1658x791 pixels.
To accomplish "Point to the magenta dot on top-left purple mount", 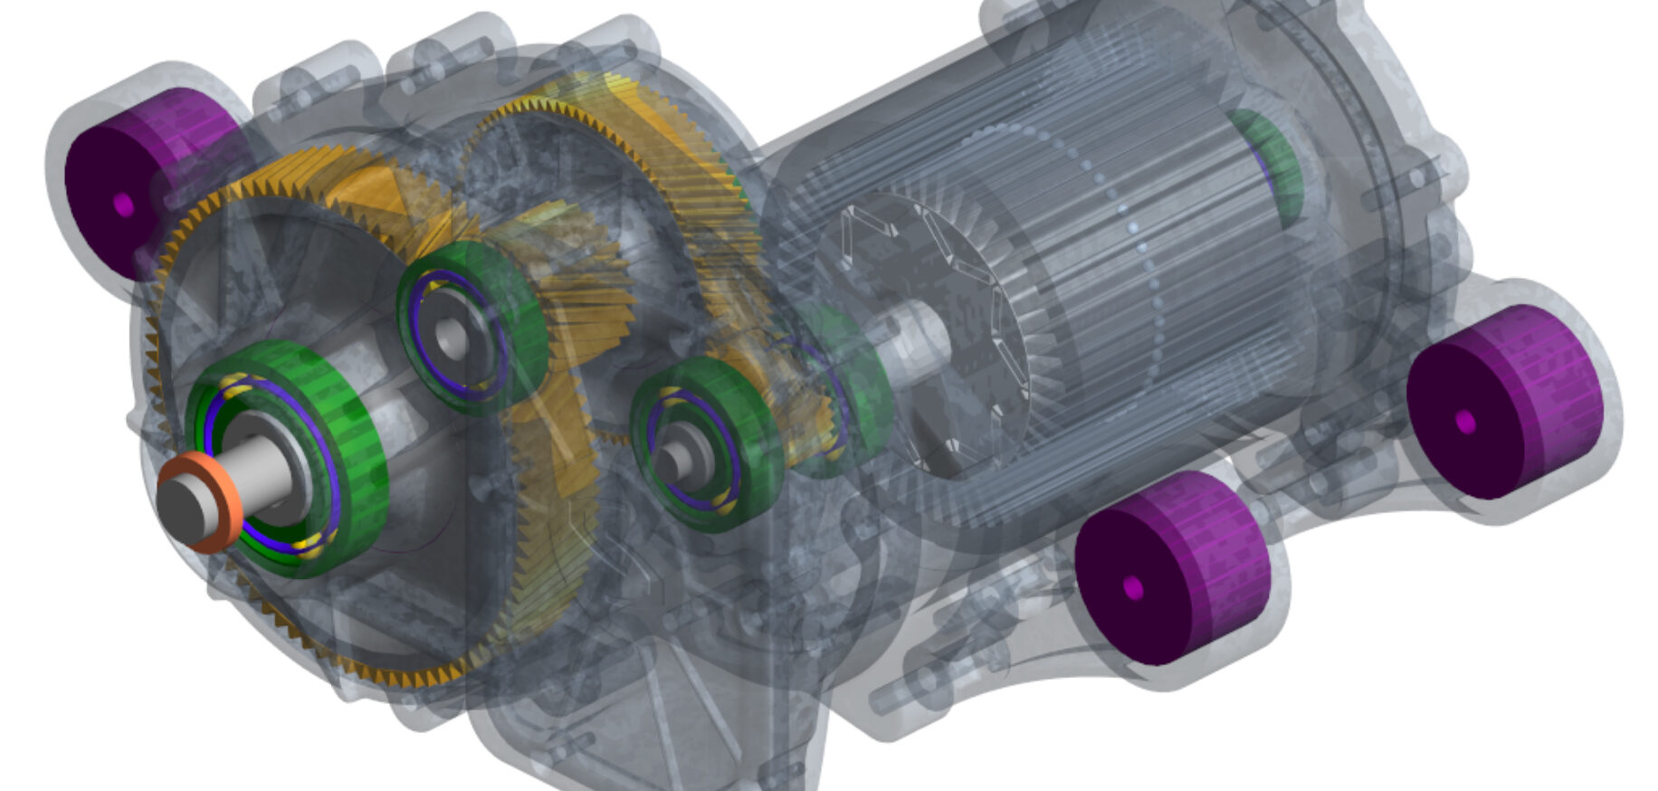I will point(124,205).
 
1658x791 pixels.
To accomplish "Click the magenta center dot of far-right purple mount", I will point(1465,422).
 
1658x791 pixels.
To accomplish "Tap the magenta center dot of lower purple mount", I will point(1133,589).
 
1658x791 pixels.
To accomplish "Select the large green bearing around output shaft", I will point(353,453).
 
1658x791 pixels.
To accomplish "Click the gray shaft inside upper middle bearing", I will point(451,338).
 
